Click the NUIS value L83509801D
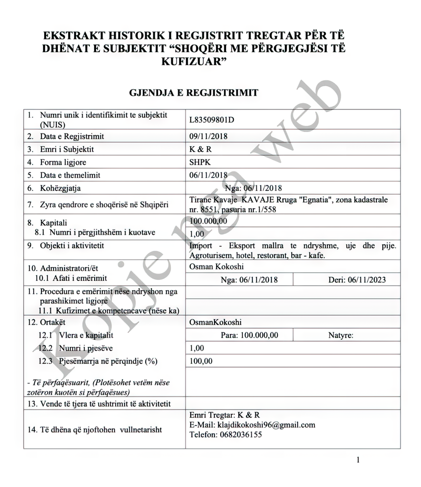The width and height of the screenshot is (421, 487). click(x=212, y=119)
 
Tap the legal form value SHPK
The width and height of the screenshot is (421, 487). click(x=199, y=162)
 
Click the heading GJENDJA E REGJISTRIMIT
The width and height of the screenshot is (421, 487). click(x=193, y=93)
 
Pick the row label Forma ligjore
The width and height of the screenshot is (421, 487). click(x=64, y=162)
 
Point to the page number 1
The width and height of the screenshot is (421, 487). click(x=358, y=461)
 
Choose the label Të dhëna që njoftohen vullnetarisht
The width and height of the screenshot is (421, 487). click(x=95, y=430)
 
